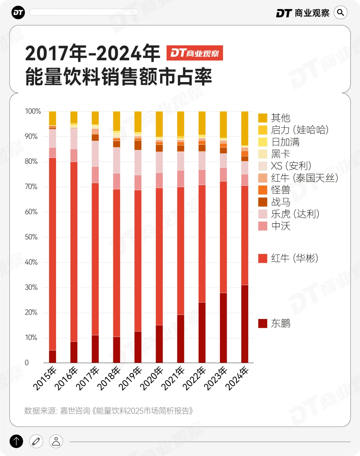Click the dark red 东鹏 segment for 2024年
(x=245, y=324)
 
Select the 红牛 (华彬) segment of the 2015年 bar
(x=53, y=254)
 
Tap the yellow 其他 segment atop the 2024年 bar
(x=245, y=128)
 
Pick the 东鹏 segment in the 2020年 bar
(x=159, y=344)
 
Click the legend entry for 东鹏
(x=274, y=323)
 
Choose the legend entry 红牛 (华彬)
(x=288, y=258)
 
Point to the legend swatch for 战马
(x=263, y=202)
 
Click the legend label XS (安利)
(x=291, y=166)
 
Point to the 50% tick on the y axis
(x=31, y=237)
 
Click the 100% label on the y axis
(x=33, y=111)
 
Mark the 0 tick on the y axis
(x=27, y=363)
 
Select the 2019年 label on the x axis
(x=130, y=378)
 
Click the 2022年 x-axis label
(x=194, y=378)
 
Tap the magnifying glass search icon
(x=340, y=13)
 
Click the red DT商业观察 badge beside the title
(x=195, y=53)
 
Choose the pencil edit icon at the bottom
(x=36, y=441)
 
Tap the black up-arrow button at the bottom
(x=16, y=441)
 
